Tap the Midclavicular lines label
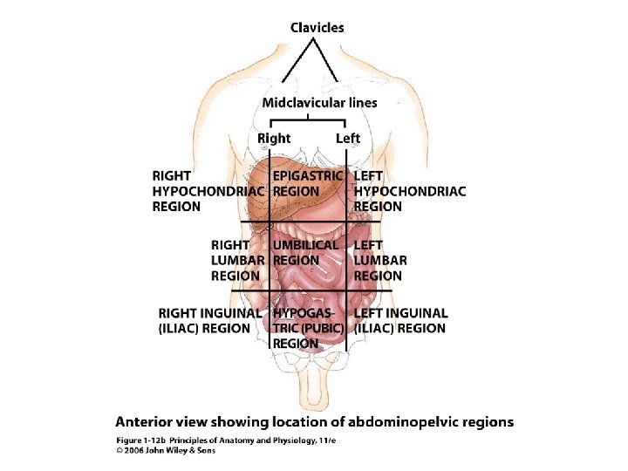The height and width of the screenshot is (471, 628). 320,102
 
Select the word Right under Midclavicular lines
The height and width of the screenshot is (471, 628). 274,139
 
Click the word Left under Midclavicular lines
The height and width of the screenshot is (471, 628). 348,139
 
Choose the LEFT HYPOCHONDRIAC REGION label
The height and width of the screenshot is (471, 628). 409,191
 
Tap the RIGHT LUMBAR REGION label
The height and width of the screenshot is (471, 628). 235,260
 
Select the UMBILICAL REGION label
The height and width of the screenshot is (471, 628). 305,252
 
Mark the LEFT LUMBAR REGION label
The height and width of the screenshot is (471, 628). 380,260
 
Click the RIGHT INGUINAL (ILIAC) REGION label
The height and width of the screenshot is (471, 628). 209,320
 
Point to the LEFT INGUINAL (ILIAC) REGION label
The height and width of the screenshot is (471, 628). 401,320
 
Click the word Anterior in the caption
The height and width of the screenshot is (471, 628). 149,422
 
